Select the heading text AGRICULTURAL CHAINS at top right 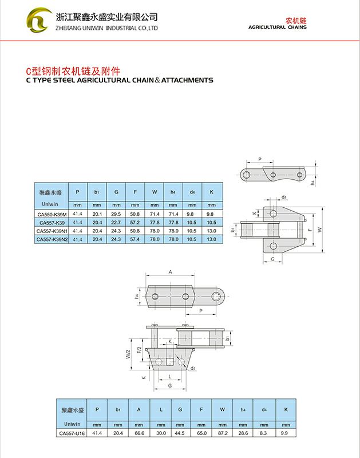278,27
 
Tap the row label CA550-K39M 52,214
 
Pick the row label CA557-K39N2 52,238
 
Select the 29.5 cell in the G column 116,214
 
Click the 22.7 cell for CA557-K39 116,222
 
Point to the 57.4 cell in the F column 134,238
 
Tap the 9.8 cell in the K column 211,214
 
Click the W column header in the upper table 155,192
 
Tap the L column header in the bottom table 160,410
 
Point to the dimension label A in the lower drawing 171,273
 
